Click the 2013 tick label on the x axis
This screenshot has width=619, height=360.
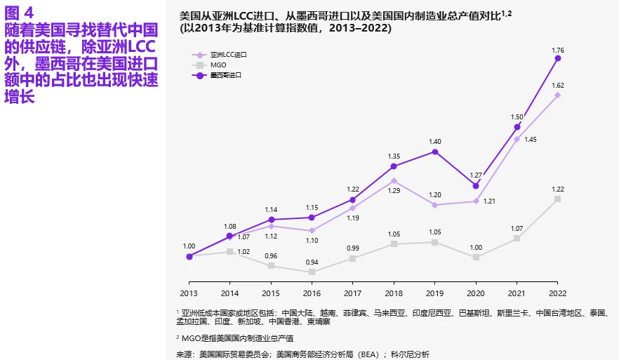point(189,293)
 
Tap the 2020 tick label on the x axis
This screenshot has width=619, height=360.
point(476,293)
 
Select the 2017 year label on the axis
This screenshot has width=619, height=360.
point(353,293)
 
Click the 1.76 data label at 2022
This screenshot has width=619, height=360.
point(558,50)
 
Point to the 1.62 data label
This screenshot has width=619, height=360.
point(558,86)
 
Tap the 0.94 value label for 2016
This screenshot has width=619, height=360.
point(312,262)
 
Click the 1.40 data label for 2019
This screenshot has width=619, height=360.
point(435,142)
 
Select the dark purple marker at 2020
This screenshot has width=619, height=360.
point(476,185)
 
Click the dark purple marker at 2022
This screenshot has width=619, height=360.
point(558,59)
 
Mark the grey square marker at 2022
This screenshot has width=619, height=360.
point(558,199)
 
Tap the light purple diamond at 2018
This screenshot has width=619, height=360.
point(394,180)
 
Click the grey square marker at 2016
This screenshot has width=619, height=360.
point(312,272)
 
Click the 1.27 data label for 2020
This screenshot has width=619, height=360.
point(476,175)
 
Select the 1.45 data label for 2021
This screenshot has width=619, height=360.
point(530,140)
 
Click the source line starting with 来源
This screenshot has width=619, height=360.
point(302,354)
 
